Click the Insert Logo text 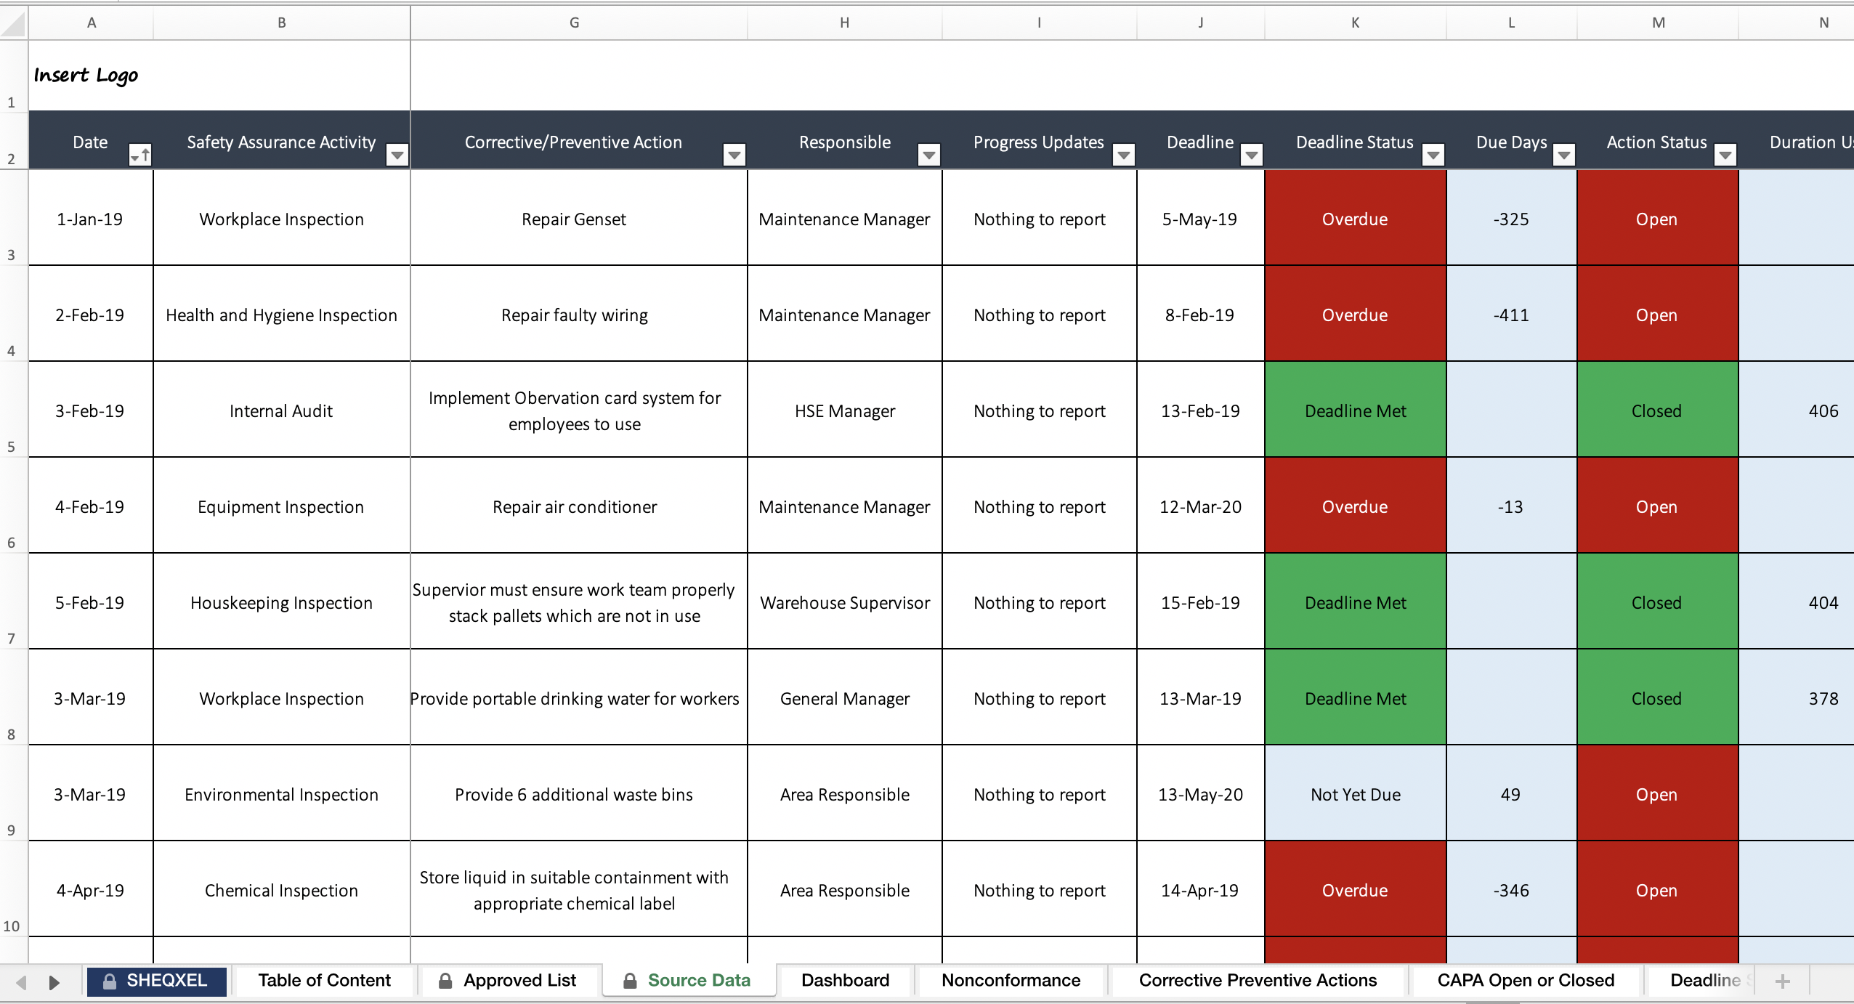[86, 76]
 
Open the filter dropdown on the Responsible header [928, 155]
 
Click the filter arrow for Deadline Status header [1433, 155]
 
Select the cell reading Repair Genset [573, 219]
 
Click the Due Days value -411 [1510, 315]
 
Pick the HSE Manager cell [844, 411]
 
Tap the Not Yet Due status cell [1355, 795]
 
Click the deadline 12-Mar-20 [1199, 507]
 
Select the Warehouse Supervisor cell [844, 603]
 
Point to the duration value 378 [1823, 699]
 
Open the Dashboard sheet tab [845, 981]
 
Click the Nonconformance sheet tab [1011, 981]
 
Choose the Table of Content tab [324, 981]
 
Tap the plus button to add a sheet [1782, 981]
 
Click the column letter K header [1355, 23]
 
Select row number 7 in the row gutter [12, 639]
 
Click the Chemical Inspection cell [281, 891]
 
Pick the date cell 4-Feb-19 [90, 507]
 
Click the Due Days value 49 [1510, 795]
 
